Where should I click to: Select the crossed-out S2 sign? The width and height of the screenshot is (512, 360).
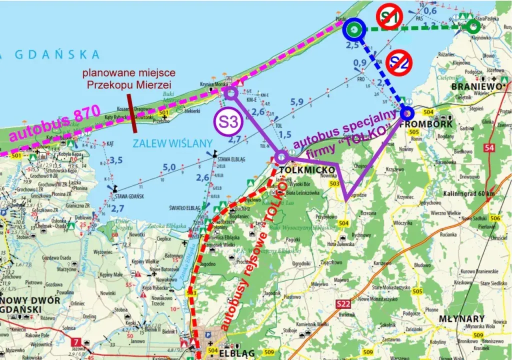point(398,62)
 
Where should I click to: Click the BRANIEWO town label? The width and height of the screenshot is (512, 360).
point(475,86)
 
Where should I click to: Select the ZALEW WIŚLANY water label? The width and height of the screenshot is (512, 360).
point(161,143)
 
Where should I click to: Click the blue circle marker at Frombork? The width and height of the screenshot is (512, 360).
point(406,113)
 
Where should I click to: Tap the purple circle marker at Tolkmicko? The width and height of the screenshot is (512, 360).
point(281,157)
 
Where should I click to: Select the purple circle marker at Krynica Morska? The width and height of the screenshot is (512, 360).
point(230,92)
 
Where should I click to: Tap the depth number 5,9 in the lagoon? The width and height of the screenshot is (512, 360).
point(297,102)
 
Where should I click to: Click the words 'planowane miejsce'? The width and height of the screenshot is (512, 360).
point(125,73)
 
